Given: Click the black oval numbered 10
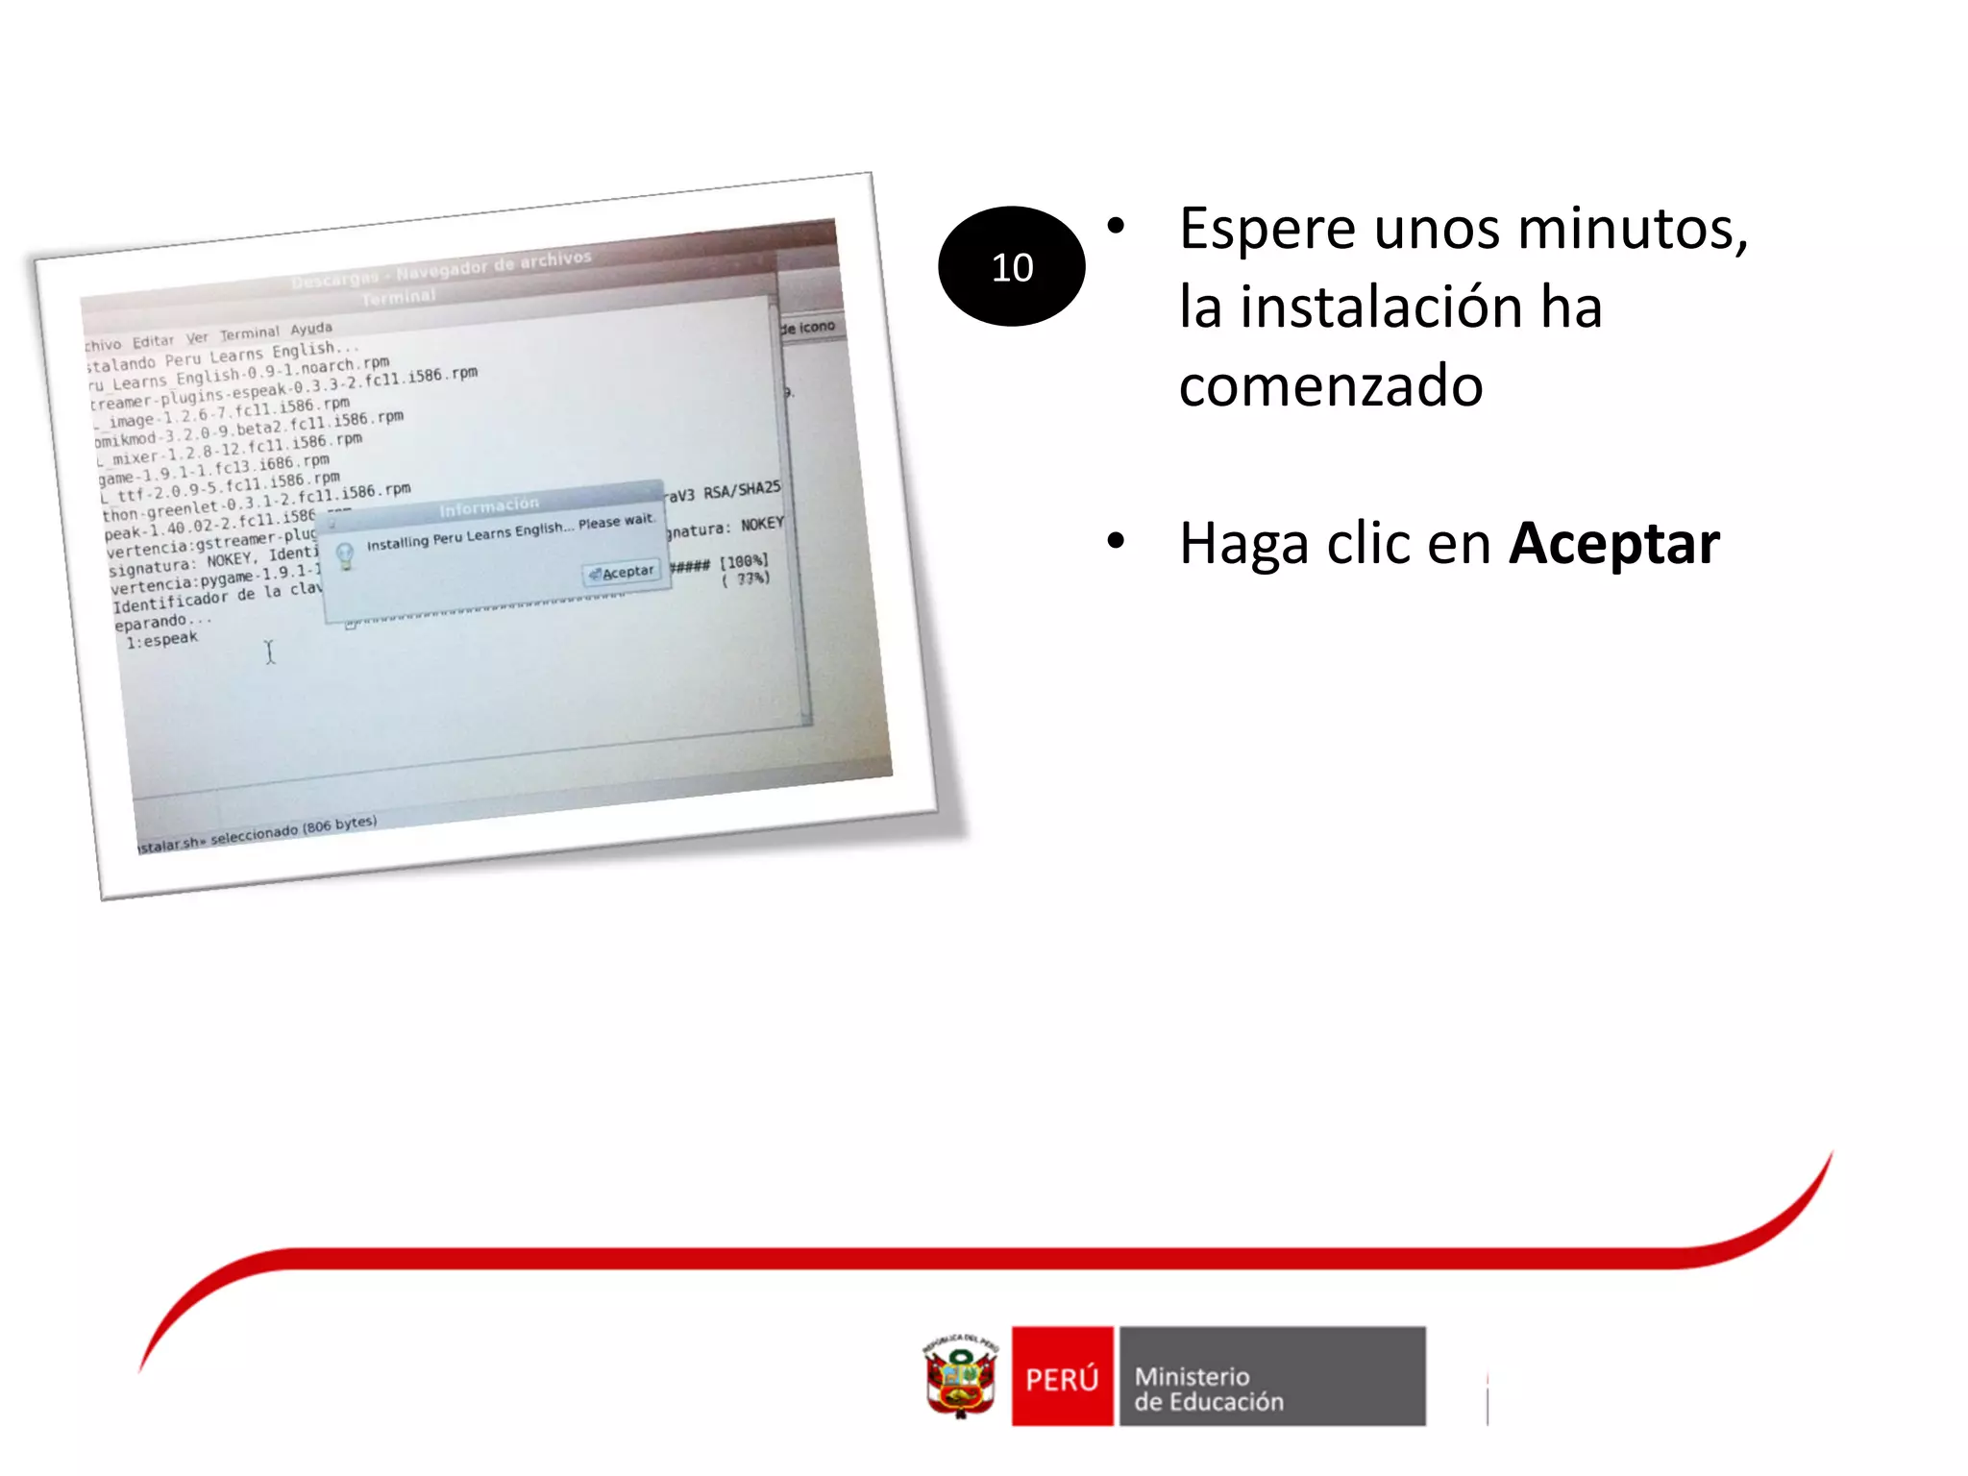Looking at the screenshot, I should tap(1011, 266).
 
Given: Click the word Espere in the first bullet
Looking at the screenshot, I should tap(1268, 230).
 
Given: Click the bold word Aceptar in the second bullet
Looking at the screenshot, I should tap(1613, 544).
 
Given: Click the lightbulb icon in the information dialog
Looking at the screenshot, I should tap(345, 554).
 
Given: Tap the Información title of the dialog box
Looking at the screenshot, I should tap(489, 505).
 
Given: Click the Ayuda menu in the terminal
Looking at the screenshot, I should tap(311, 329).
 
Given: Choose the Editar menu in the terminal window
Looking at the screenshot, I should tap(153, 341).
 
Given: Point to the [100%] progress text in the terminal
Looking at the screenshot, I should tap(745, 561).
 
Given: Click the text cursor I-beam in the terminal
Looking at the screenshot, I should tap(270, 652).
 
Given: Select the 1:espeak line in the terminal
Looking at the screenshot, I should tap(161, 640).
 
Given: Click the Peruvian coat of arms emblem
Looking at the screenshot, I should tap(960, 1376).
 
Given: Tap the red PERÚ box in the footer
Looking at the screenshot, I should tap(1062, 1376).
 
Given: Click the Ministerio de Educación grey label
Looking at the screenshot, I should tap(1271, 1376).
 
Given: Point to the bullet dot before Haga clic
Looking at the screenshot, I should tap(1116, 541).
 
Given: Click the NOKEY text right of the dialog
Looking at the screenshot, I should tap(762, 525).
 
